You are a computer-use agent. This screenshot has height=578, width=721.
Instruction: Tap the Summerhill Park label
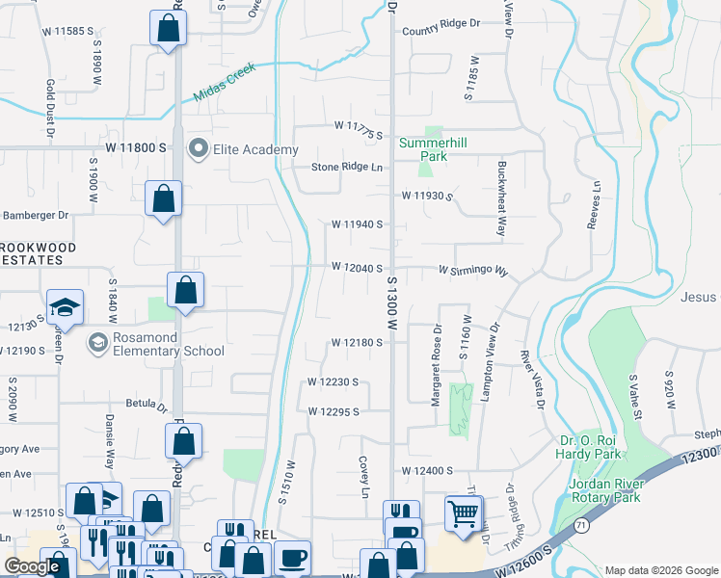(x=433, y=149)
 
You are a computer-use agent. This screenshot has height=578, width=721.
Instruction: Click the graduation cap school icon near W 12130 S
(x=66, y=307)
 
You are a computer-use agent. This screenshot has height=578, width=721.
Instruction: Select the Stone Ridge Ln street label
(x=347, y=167)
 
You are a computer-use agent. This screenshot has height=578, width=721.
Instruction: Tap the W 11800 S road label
(x=137, y=147)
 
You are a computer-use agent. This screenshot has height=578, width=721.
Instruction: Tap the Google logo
(x=32, y=566)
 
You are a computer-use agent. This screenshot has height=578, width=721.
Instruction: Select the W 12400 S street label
(x=427, y=471)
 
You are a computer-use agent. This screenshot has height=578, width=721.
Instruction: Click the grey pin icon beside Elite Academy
(x=199, y=149)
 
